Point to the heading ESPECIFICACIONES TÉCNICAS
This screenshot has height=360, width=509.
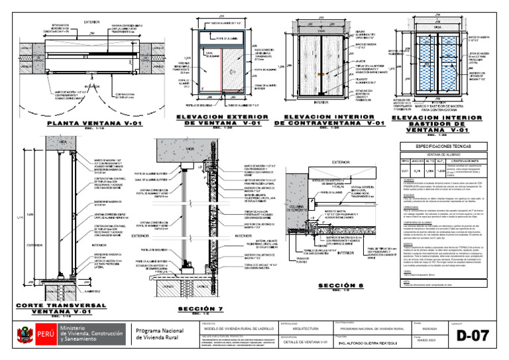pyautogui.click(x=443, y=145)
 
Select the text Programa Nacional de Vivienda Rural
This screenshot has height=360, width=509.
pyautogui.click(x=160, y=335)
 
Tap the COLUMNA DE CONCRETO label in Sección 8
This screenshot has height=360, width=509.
pyautogui.click(x=298, y=210)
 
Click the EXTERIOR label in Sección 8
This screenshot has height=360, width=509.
pyautogui.click(x=341, y=162)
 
